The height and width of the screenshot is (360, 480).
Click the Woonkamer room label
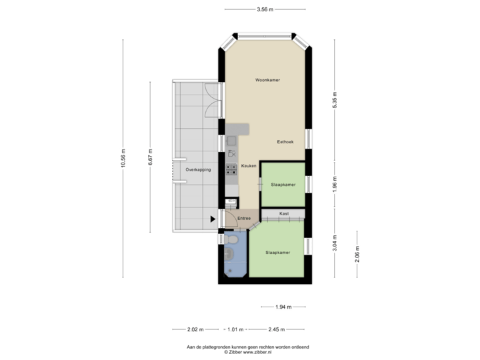pos(267,80)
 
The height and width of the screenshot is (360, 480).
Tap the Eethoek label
pos(285,142)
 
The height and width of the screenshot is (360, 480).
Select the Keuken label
pos(249,165)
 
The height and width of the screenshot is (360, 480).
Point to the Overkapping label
pos(198,169)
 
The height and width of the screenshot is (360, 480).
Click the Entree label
pos(244,218)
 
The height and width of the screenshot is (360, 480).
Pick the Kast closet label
pos(284,213)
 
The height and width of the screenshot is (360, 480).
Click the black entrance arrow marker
pos(213,219)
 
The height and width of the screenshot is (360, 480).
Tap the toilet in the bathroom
pos(231,239)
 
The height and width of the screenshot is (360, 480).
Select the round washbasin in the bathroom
pos(229,254)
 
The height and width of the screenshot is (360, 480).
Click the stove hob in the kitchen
pos(231,169)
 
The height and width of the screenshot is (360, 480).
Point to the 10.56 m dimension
pos(123,158)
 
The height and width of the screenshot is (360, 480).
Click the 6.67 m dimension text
pos(150,157)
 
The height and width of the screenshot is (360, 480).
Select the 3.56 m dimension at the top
pos(265,9)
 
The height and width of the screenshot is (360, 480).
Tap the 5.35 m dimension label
pos(335,100)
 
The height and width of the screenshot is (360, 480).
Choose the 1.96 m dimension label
pos(335,183)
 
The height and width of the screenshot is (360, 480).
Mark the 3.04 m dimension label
pos(335,243)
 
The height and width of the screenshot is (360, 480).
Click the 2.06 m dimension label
pos(357,255)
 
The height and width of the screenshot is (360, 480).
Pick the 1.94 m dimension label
pos(283,307)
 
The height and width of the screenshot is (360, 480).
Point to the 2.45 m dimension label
pos(277,329)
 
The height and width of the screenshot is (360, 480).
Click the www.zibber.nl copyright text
pos(248,352)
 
